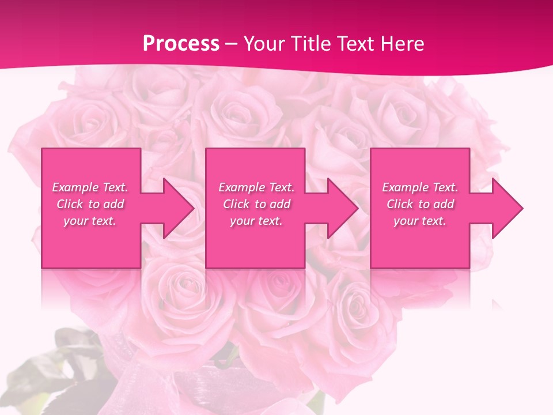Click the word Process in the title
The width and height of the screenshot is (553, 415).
(x=181, y=44)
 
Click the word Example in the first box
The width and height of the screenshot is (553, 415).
(x=75, y=187)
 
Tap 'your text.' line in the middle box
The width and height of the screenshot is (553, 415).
(x=256, y=221)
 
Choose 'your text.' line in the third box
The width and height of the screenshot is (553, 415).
(x=419, y=221)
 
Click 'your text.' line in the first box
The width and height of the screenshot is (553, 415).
(x=90, y=221)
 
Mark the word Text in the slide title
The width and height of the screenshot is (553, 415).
(x=354, y=44)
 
